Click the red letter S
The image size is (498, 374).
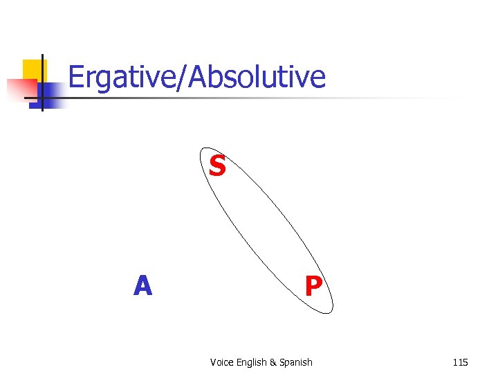tap(217, 166)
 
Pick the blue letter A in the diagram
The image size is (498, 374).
tap(142, 285)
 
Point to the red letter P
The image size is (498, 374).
tap(313, 285)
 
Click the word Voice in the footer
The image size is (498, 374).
tap(221, 362)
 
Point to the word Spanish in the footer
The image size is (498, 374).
tap(297, 362)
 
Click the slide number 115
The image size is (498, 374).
tap(460, 362)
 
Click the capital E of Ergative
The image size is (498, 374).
tap(76, 78)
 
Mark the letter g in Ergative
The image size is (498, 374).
tap(103, 80)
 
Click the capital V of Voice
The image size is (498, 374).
tap(212, 362)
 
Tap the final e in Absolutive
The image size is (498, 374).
tap(317, 80)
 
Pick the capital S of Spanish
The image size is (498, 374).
tap(284, 362)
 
